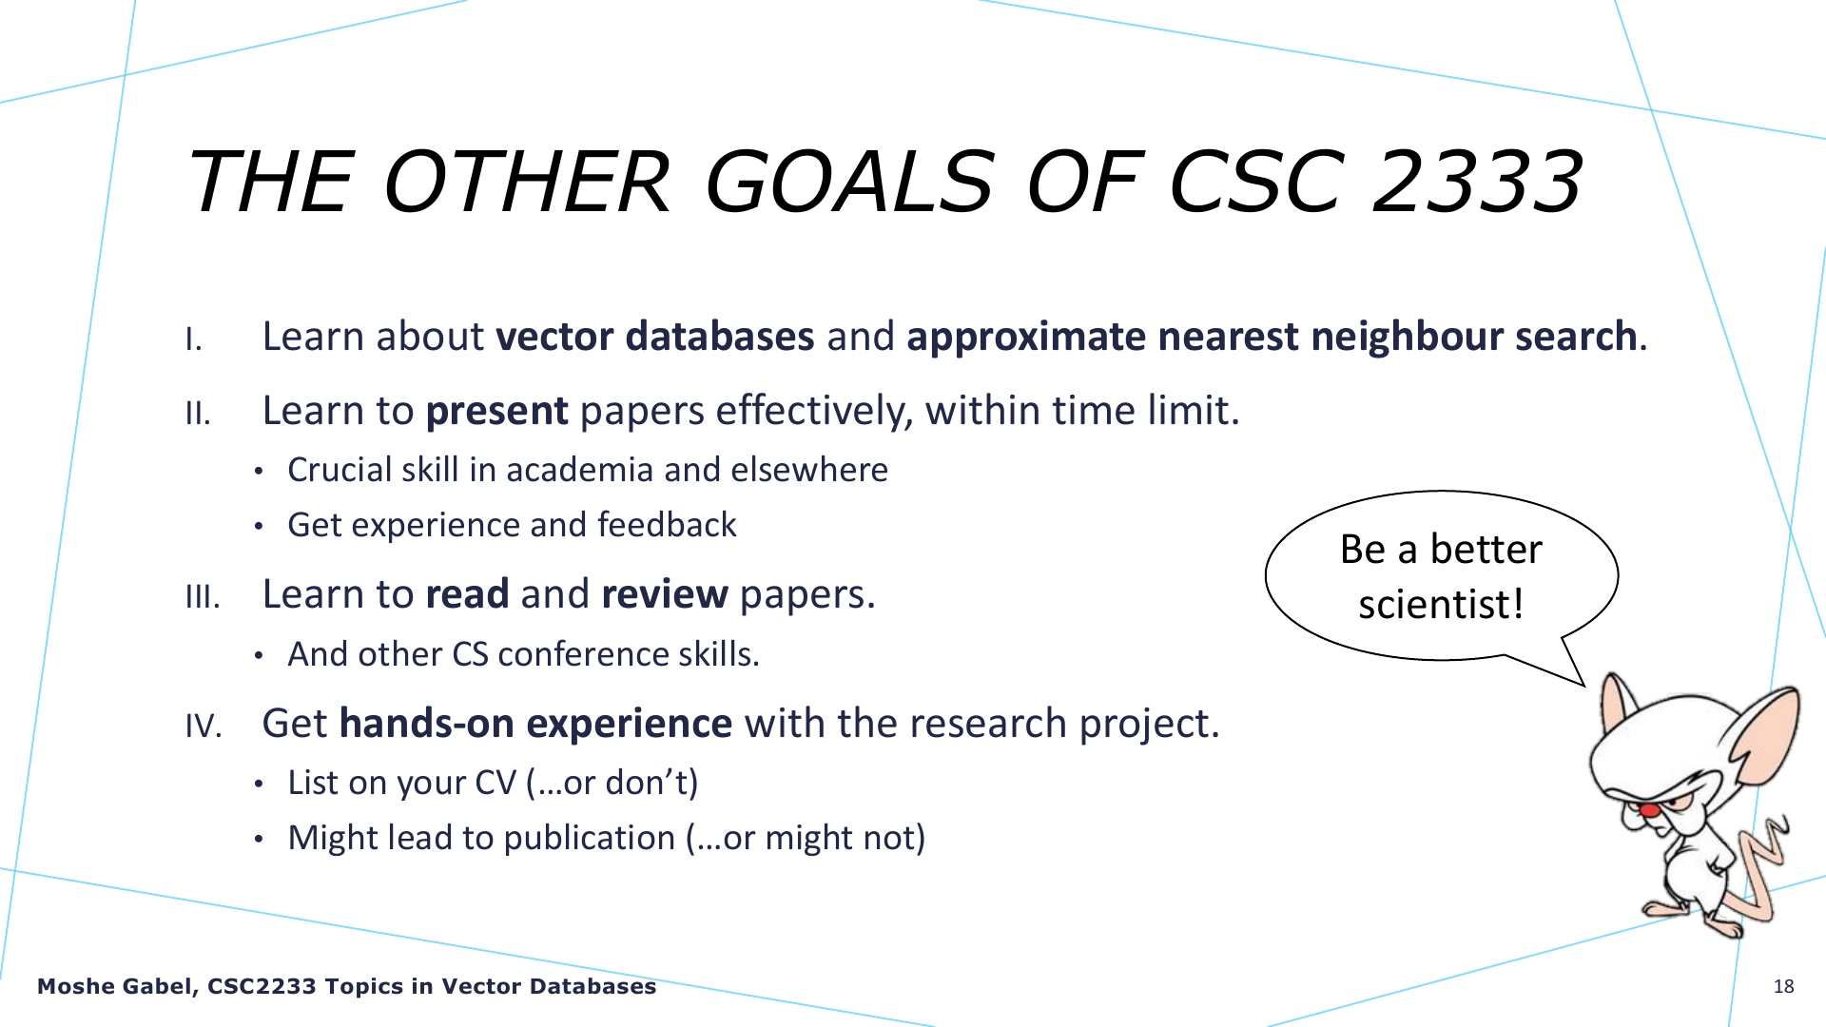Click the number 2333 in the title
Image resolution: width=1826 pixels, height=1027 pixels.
tap(1477, 181)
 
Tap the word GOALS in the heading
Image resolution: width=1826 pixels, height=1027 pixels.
tap(849, 181)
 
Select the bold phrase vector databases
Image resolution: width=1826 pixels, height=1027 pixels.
tap(655, 337)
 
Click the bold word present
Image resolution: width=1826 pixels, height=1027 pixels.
tap(496, 412)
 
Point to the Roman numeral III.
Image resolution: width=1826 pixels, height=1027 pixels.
tap(203, 597)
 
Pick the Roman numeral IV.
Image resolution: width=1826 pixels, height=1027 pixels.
tap(204, 727)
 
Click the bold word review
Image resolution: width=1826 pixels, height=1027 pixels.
tap(665, 594)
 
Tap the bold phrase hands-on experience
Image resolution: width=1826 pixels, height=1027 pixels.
tap(535, 724)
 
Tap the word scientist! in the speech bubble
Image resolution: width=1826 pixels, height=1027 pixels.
tap(1441, 604)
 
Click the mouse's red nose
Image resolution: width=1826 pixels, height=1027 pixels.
tap(1649, 809)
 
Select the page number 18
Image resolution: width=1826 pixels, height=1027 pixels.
tap(1783, 986)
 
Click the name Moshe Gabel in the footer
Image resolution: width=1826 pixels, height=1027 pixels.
tap(114, 987)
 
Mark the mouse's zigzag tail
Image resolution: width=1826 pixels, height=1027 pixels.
tap(1762, 861)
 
